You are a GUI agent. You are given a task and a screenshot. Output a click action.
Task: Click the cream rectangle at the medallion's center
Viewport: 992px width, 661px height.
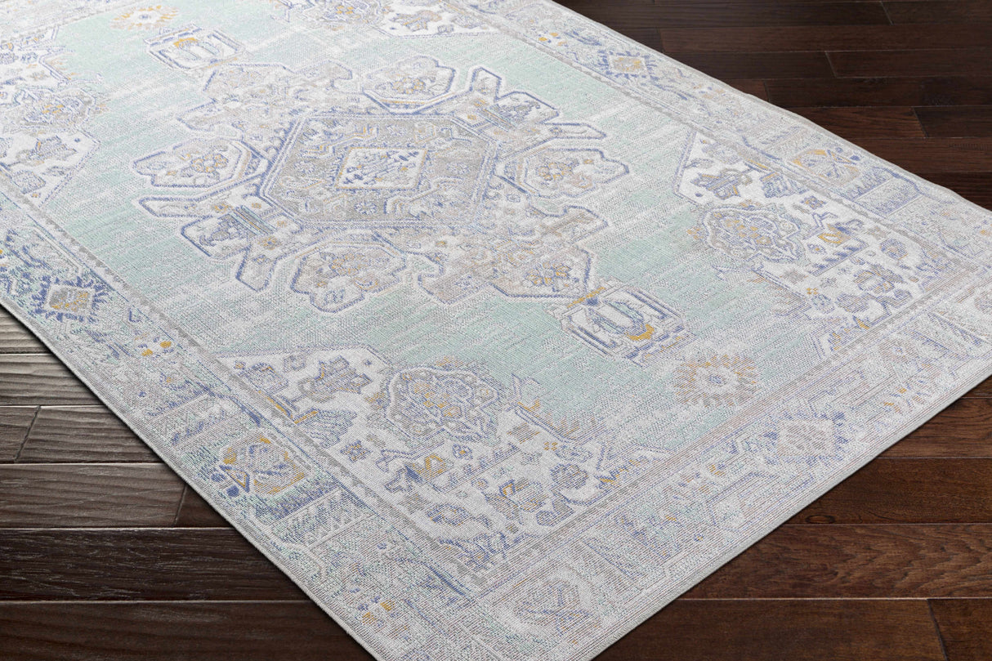(382, 167)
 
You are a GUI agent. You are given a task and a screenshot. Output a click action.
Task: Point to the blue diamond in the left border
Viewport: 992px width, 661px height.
(69, 299)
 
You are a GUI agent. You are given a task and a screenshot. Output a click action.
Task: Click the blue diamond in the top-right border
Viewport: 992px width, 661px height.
(626, 64)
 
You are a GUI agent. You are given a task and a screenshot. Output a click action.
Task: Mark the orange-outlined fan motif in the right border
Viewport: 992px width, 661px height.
(825, 164)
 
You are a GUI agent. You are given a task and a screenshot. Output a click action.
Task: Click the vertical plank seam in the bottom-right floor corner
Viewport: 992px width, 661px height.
(940, 630)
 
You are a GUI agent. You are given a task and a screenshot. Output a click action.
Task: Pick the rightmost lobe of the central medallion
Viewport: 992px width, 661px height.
(564, 172)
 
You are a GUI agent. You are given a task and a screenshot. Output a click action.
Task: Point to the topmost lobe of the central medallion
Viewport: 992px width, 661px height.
(409, 82)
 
